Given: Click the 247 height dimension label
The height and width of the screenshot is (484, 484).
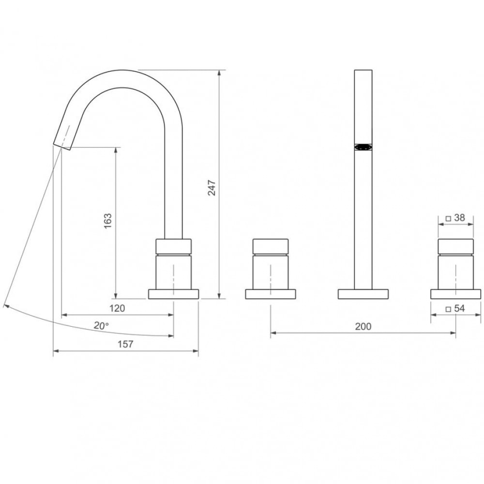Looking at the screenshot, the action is point(212,187).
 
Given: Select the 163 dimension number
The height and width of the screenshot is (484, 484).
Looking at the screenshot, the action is point(108,221).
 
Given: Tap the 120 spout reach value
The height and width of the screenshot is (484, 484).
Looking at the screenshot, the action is point(117,308).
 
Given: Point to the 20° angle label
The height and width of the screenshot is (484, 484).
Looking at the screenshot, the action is point(101,326).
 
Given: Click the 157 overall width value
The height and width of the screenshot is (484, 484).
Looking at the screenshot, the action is point(125,344).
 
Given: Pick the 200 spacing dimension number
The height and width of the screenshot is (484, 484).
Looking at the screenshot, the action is point(363,326).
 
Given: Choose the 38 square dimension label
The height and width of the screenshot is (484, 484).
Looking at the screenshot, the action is point(459,218).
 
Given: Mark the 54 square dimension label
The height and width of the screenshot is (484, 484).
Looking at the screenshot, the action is point(459,308).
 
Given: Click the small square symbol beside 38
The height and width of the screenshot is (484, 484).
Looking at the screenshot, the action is point(448,219).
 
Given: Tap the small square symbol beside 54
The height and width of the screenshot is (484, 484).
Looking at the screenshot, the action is point(448,309).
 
